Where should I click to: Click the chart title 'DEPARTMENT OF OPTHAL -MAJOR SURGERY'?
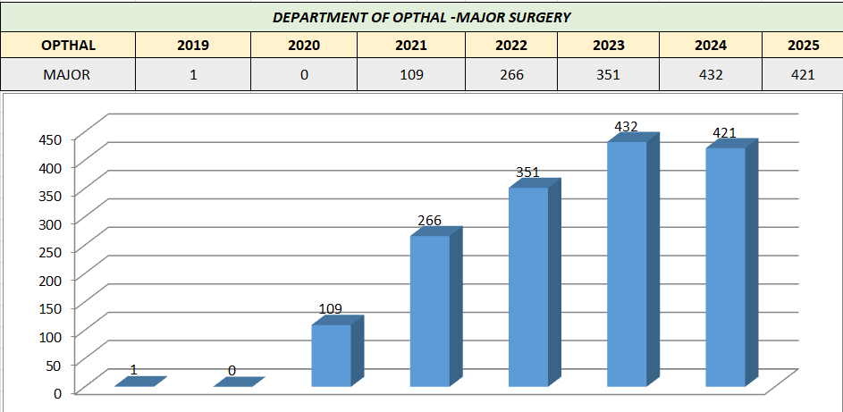point(421,17)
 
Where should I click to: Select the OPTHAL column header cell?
point(68,46)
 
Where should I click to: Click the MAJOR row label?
point(68,74)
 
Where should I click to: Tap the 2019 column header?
point(193,46)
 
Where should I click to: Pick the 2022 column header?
point(511,46)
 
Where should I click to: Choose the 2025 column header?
point(802,46)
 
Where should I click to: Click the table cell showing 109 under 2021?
point(411,74)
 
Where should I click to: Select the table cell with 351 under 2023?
point(608,74)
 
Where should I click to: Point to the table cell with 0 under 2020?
point(304,74)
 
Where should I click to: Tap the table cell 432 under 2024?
point(711,74)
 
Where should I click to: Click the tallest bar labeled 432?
point(627,264)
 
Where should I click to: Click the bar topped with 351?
point(528,287)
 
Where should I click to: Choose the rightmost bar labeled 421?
point(725,267)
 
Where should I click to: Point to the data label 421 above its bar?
point(724,133)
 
